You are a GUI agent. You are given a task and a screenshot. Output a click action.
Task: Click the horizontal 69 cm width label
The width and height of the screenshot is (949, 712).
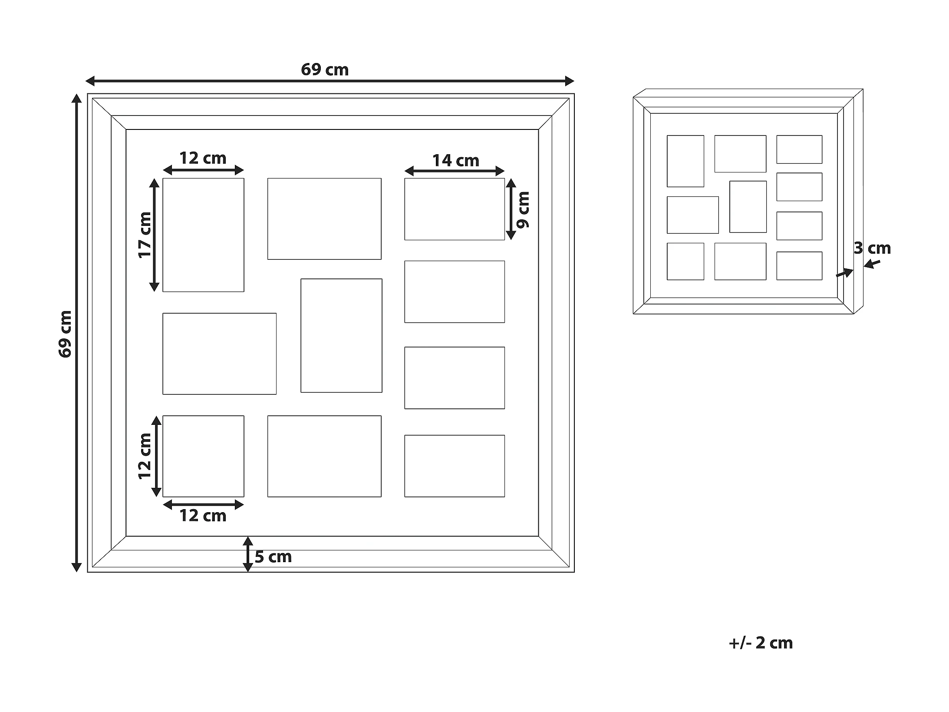(325, 70)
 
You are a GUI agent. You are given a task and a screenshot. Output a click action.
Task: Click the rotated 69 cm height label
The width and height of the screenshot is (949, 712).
(65, 334)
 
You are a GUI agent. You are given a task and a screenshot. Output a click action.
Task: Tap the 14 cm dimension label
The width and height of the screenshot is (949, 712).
(455, 161)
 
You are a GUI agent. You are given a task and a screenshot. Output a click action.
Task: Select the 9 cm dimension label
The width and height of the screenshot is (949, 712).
(523, 210)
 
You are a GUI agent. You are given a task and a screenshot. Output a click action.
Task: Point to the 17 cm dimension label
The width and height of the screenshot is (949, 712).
(145, 235)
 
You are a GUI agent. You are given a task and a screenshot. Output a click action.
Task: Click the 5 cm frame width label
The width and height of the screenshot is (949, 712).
(273, 557)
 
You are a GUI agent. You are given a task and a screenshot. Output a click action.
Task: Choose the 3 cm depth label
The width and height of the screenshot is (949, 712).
(872, 248)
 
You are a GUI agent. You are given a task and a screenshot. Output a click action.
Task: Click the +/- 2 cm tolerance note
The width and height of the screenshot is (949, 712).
(761, 643)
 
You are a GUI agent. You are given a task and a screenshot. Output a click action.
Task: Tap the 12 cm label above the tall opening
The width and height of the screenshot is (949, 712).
(203, 158)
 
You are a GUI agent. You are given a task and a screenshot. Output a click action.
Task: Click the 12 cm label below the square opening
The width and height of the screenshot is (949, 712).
(203, 516)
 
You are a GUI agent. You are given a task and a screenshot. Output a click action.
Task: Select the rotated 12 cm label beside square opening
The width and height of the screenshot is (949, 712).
(145, 456)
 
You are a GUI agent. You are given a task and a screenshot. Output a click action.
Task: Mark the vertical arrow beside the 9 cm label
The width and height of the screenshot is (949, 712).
(511, 209)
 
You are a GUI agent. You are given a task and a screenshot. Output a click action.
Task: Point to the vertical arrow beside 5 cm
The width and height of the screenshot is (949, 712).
(247, 554)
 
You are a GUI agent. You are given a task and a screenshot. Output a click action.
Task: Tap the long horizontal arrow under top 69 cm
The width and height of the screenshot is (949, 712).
(330, 81)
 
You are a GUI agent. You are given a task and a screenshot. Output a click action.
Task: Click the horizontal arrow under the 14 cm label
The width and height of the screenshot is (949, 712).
(455, 171)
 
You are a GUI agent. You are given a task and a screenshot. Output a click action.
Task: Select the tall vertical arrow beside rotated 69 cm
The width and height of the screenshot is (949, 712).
(76, 333)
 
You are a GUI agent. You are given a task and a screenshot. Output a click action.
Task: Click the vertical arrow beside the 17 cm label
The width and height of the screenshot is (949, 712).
(154, 235)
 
